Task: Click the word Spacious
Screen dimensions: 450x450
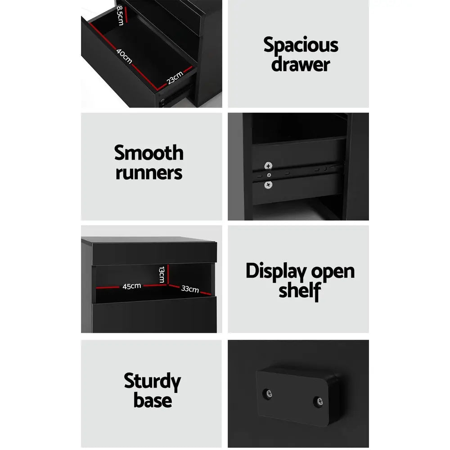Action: click(301, 46)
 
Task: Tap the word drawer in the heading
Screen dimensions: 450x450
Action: click(301, 64)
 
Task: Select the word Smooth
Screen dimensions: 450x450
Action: click(149, 153)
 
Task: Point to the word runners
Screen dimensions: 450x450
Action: click(149, 172)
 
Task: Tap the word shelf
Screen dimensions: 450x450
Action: click(299, 291)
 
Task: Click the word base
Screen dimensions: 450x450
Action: click(152, 400)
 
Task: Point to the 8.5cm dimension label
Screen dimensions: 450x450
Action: click(120, 16)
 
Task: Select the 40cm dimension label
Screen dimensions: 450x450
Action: click(124, 56)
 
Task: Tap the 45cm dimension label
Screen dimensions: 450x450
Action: click(132, 286)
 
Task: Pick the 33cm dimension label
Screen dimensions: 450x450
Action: click(190, 289)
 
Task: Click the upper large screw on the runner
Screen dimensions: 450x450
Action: click(269, 166)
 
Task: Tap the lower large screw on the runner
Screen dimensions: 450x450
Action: click(269, 184)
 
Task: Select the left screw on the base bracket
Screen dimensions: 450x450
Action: click(269, 394)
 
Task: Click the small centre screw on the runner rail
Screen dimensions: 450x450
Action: click(269, 175)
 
